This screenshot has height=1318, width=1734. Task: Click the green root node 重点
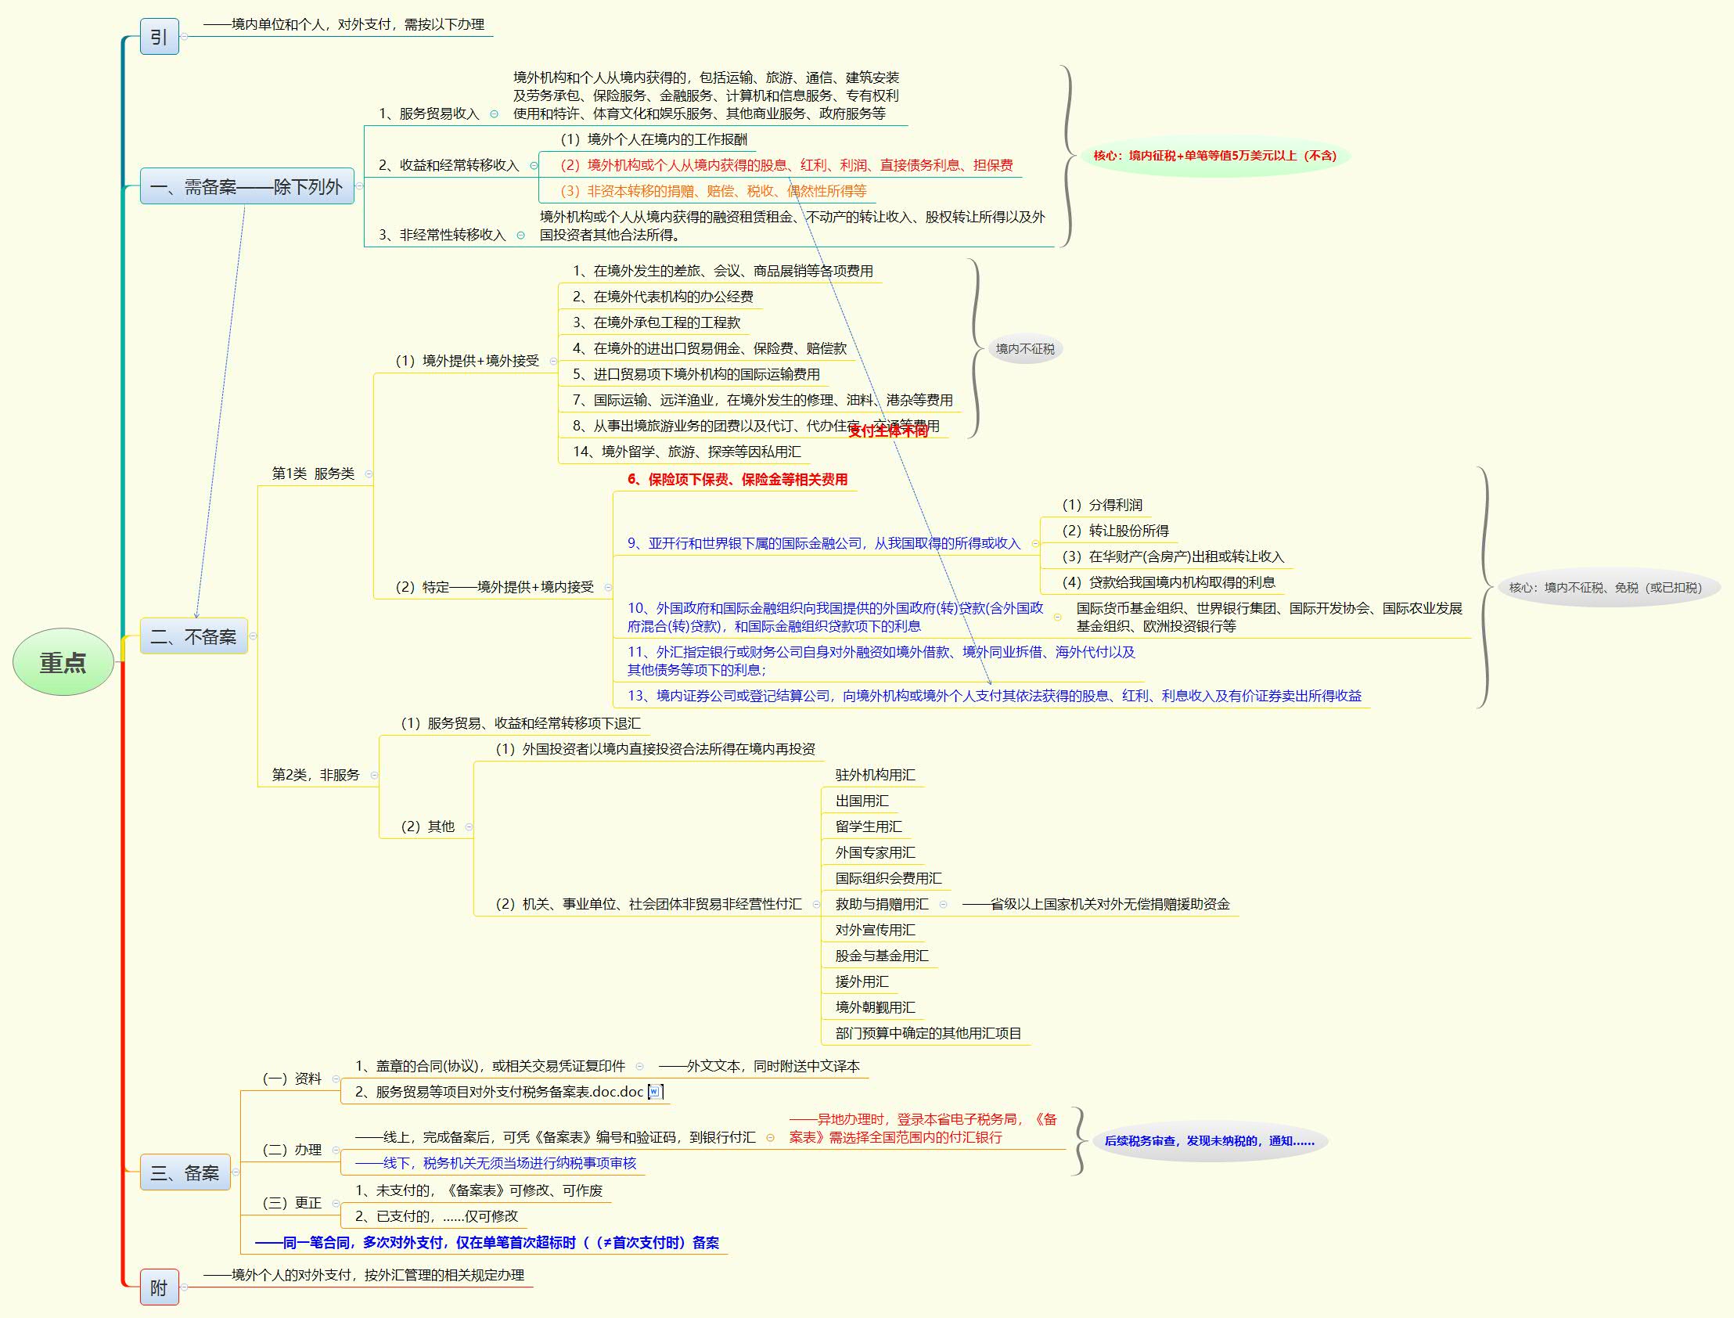pos(63,662)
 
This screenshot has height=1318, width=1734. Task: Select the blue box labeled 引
pos(159,37)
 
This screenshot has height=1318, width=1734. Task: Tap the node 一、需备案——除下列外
pos(246,187)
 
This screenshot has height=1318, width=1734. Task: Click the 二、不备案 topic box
pos(193,636)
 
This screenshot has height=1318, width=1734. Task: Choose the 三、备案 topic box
pos(185,1173)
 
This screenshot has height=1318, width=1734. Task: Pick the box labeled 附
pos(159,1287)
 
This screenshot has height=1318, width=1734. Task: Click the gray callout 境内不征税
pos(1024,349)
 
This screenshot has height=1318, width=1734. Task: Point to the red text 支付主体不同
pos(888,430)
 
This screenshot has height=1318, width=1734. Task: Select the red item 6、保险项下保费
pos(736,479)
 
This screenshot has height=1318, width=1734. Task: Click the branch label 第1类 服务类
pos(312,474)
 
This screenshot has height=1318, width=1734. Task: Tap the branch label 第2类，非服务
pos(315,775)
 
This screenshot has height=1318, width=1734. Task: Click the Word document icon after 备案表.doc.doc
pos(655,1091)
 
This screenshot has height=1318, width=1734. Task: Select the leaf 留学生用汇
pos(869,827)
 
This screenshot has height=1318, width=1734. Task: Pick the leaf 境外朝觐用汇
pos(875,1007)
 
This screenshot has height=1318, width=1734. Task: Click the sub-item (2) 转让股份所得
pos(1114,531)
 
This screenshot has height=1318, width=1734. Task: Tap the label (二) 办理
pos(292,1150)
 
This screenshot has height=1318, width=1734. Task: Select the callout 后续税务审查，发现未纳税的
pos(1208,1141)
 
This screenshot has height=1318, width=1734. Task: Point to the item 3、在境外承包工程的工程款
pos(656,322)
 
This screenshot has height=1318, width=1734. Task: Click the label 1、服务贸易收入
pos(428,113)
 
